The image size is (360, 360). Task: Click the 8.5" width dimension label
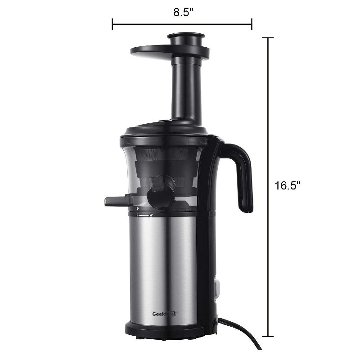[x=183, y=12]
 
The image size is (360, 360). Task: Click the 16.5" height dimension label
[x=288, y=186]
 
